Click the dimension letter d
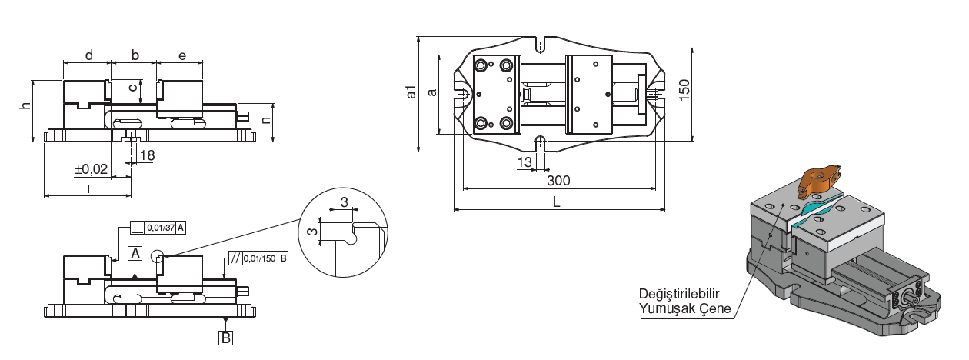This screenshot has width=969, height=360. [88, 55]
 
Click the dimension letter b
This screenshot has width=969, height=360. [135, 55]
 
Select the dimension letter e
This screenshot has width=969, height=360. [181, 55]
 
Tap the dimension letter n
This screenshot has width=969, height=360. [266, 120]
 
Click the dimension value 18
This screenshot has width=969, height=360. [147, 155]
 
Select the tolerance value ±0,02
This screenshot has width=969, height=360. [91, 168]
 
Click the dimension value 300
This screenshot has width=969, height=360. [558, 181]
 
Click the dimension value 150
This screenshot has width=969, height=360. [684, 90]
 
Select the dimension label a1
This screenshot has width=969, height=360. [411, 92]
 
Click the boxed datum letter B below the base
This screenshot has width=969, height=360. [225, 337]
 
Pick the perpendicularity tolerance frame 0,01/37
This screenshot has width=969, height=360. [158, 228]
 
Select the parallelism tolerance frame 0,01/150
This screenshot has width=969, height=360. [258, 258]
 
